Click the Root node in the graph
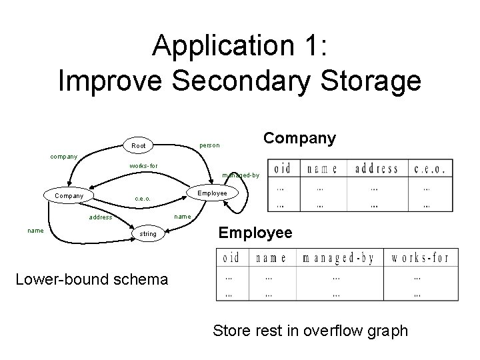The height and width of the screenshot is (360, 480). (139, 145)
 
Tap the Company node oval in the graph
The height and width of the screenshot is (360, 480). (69, 196)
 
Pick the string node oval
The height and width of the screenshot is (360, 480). (147, 234)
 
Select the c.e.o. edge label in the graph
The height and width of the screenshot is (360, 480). (142, 199)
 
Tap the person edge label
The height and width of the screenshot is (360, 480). (209, 145)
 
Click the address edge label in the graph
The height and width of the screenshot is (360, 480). (101, 217)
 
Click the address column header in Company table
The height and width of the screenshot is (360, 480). (376, 169)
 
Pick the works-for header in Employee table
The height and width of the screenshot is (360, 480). (420, 257)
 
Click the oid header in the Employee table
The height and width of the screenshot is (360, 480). (231, 257)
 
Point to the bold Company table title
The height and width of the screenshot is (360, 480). (299, 138)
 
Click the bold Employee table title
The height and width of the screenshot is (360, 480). (255, 233)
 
